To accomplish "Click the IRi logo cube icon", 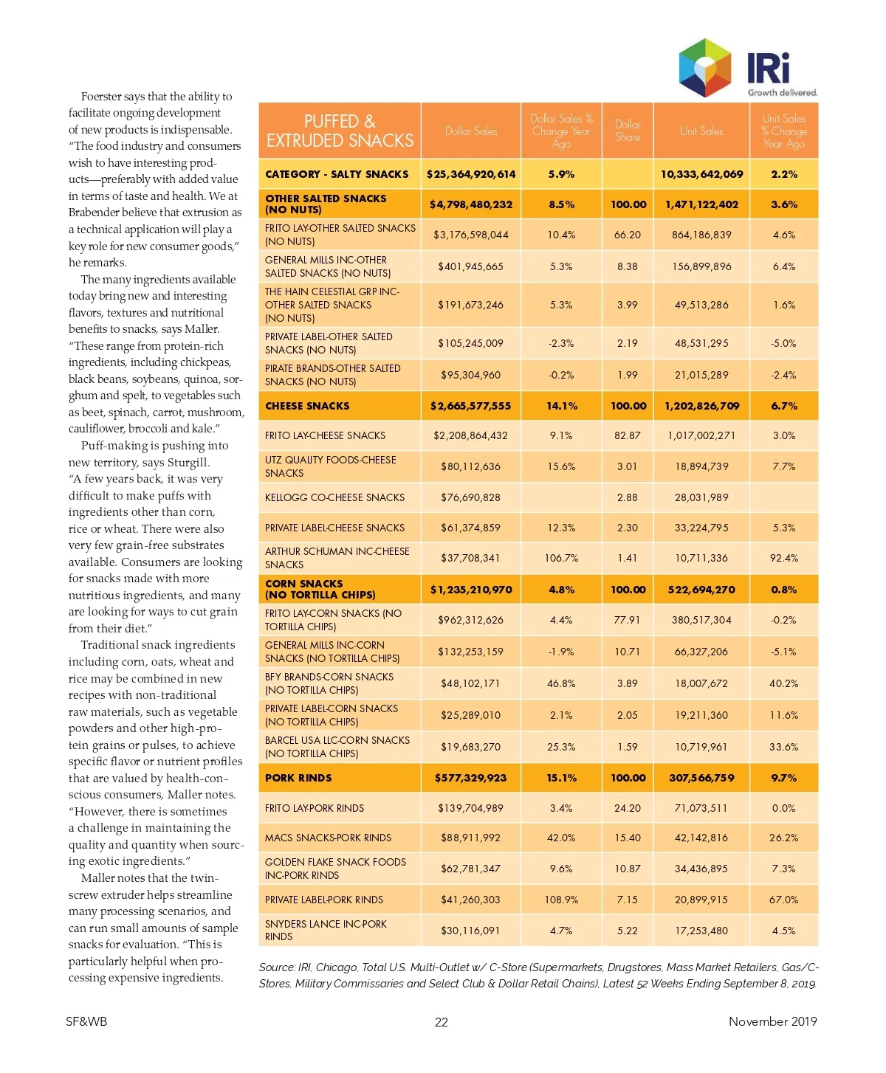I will [704, 68].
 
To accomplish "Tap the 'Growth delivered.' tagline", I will [782, 93].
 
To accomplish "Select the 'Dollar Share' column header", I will [628, 131].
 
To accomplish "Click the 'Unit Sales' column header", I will [701, 131].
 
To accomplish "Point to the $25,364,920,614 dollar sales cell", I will [471, 174].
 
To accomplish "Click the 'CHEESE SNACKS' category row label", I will [307, 406].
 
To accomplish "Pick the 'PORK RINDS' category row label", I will [298, 778].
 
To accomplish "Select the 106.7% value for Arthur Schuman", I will [561, 558].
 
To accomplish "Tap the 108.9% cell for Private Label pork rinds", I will [561, 900].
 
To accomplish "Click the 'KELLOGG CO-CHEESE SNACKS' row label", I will [334, 497].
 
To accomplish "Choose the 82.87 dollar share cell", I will [628, 435].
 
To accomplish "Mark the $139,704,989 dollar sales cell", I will [471, 808].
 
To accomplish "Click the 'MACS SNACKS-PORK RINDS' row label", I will [328, 838].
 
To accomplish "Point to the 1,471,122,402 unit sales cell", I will [701, 204].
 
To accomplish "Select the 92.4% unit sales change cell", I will [783, 558].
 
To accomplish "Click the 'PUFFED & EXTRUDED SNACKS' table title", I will [340, 131].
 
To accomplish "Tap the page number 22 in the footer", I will [441, 1022].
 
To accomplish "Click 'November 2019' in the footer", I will [772, 1021].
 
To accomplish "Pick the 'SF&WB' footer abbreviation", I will [86, 1021].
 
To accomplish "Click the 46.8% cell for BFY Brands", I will [561, 683].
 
